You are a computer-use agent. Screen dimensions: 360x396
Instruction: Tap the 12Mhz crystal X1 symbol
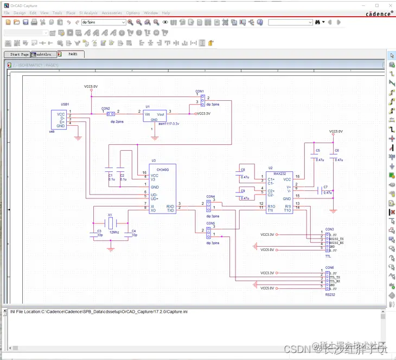[x=110, y=222]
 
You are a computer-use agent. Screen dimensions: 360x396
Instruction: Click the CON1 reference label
[x=199, y=91]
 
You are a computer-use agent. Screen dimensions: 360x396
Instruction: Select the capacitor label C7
[x=325, y=187]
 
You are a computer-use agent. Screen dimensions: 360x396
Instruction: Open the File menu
[x=7, y=12]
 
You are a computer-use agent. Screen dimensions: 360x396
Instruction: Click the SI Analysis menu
[x=88, y=12]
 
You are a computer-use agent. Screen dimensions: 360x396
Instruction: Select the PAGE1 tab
[x=73, y=54]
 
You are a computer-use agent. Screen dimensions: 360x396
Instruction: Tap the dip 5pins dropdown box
[x=103, y=22]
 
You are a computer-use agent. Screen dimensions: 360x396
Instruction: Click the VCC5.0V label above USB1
[x=91, y=86]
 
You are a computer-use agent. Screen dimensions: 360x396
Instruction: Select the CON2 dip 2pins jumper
[x=110, y=114]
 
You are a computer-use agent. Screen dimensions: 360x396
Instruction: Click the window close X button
[x=389, y=4]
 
